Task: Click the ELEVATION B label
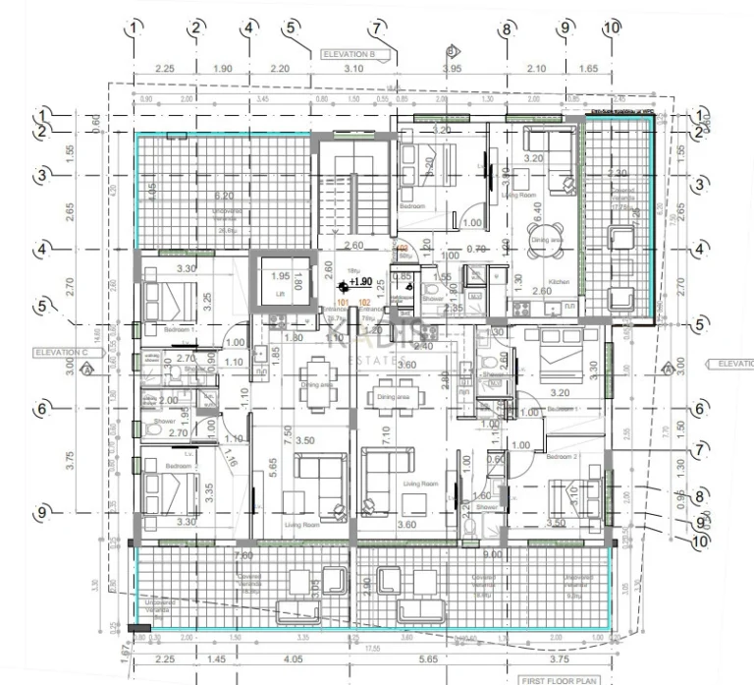tap(349, 55)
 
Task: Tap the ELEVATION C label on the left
tap(61, 352)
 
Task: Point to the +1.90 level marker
tap(359, 281)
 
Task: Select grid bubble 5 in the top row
tap(291, 29)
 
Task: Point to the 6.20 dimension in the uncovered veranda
tap(224, 196)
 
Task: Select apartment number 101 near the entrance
tap(344, 302)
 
